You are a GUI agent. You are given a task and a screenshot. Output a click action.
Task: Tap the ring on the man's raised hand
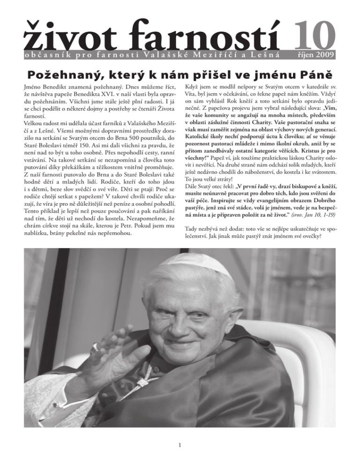95,348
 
